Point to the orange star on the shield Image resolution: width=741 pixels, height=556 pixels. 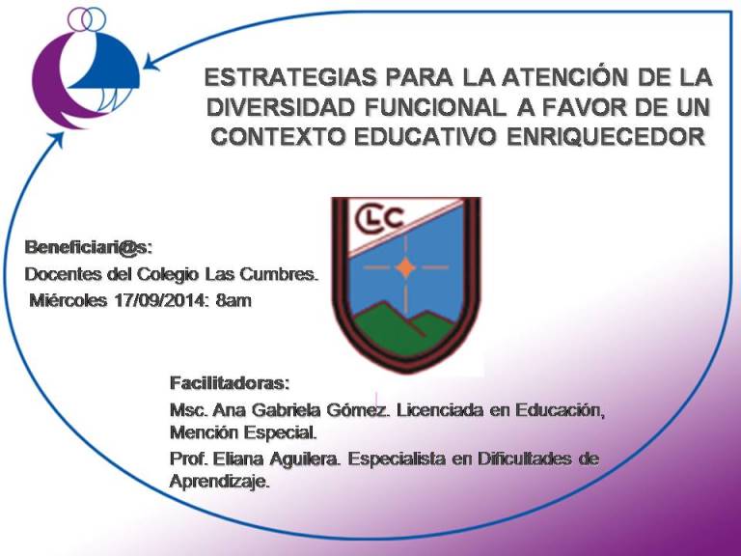tap(405, 267)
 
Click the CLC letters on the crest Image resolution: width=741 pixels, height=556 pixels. tap(380, 218)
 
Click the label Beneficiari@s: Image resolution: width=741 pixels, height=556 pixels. tap(89, 247)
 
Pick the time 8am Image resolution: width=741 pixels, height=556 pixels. tap(233, 301)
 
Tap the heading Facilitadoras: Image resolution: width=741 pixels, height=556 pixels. tap(230, 383)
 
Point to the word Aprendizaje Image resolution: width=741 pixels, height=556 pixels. tap(220, 482)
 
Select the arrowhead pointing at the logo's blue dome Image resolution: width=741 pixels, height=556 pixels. tap(151, 64)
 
